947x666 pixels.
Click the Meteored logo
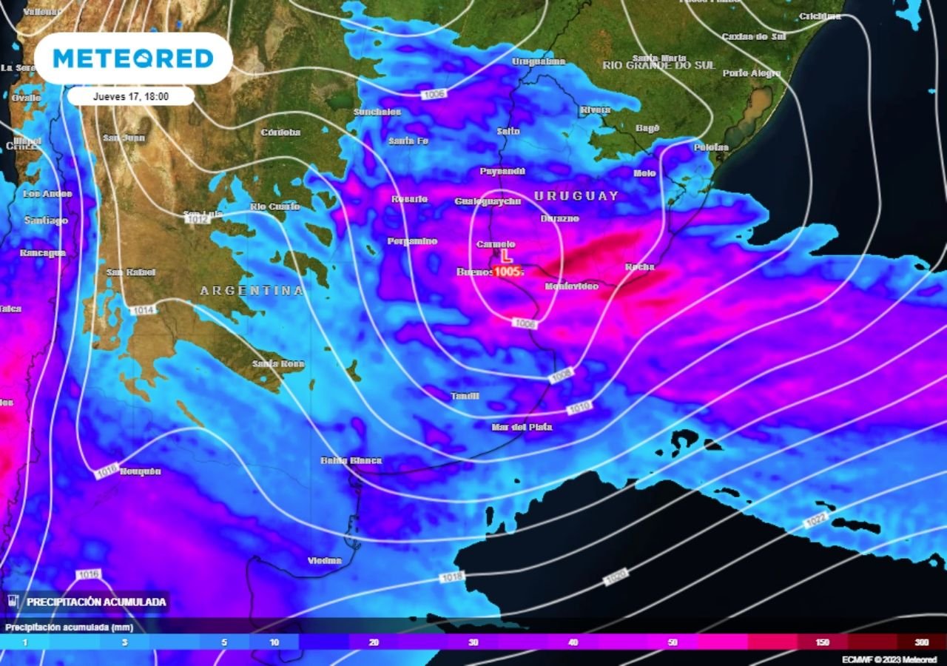(133, 58)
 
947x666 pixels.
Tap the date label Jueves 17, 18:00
(131, 96)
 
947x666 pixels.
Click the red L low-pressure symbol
(506, 256)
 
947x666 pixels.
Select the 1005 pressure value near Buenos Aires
(508, 272)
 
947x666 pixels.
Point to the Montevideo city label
(571, 286)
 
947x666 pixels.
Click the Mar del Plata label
(522, 427)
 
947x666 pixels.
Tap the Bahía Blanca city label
(351, 460)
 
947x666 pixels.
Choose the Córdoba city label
(280, 132)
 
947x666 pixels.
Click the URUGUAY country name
(576, 196)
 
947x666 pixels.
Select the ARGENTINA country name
(252, 291)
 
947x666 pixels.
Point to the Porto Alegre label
(751, 73)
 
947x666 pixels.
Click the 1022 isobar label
(815, 522)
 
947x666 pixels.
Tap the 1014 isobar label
(144, 310)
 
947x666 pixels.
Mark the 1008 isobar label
(562, 377)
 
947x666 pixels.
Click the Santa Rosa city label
(277, 363)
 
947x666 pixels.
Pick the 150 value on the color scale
(822, 642)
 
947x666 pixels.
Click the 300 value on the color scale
(921, 642)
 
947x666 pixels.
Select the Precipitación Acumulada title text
(96, 602)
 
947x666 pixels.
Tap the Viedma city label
(324, 560)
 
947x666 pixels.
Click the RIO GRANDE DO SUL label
(658, 65)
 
